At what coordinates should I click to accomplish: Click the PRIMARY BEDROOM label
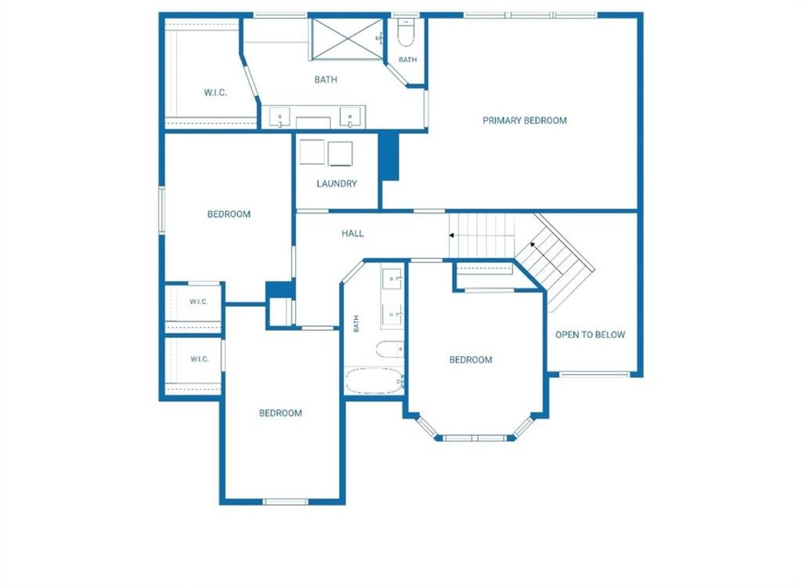[x=524, y=121]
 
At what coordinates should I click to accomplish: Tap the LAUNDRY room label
[x=337, y=183]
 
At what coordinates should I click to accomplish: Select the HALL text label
[x=352, y=234]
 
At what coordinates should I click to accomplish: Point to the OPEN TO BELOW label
[x=590, y=335]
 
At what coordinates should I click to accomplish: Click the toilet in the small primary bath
[x=405, y=33]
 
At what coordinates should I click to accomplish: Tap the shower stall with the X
[x=347, y=39]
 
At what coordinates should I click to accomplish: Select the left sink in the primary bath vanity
[x=280, y=118]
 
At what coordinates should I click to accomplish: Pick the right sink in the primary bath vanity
[x=350, y=118]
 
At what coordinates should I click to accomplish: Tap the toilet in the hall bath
[x=390, y=350]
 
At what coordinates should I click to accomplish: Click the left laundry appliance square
[x=312, y=151]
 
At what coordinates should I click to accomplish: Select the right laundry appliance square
[x=340, y=154]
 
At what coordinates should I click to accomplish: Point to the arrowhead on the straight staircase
[x=452, y=235]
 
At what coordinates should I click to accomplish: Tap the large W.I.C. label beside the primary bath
[x=215, y=93]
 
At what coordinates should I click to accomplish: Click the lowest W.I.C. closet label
[x=199, y=359]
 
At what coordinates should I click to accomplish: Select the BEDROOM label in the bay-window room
[x=471, y=360]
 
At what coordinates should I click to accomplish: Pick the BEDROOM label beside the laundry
[x=229, y=214]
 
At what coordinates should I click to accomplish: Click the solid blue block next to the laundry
[x=388, y=156]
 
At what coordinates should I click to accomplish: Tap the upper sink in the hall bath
[x=393, y=278]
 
